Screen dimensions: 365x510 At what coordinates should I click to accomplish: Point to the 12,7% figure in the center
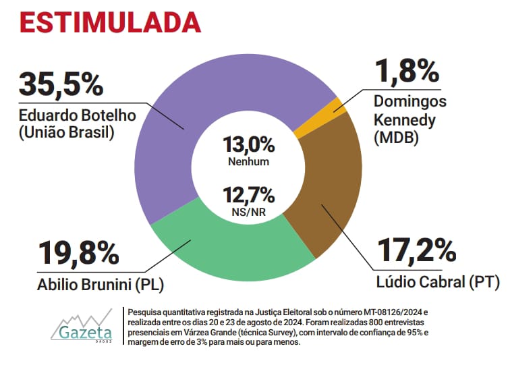pyautogui.click(x=249, y=196)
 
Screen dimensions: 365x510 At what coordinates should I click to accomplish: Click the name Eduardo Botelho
pyautogui.click(x=78, y=115)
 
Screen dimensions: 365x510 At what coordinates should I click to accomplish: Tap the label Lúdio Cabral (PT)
pyautogui.click(x=438, y=282)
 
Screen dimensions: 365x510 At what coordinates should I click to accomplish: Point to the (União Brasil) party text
pyautogui.click(x=66, y=132)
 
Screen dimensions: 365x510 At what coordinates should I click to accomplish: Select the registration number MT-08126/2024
pyautogui.click(x=389, y=313)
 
